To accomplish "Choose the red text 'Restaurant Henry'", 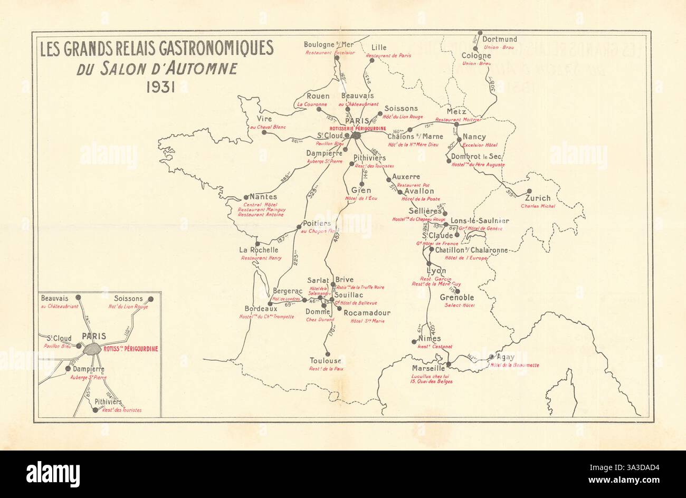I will (261, 258).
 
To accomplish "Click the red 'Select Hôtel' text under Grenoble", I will (460, 305).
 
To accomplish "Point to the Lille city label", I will (379, 47).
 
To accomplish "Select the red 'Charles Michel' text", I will (538, 206).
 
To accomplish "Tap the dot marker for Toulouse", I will (328, 354).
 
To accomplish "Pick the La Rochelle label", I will (259, 250).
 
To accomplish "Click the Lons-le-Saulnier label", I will (479, 221).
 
